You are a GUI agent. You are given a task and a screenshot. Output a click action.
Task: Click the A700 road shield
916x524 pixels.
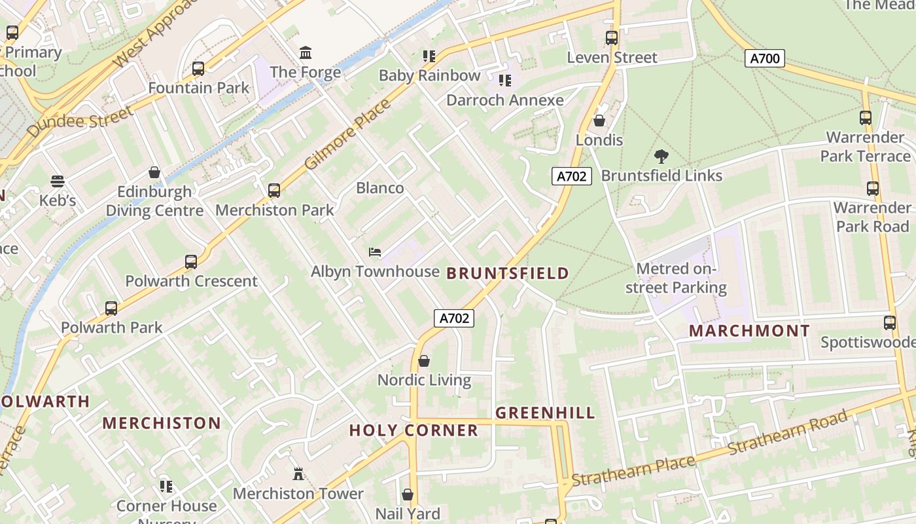764,58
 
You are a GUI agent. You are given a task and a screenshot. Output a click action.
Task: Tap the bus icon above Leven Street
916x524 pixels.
612,38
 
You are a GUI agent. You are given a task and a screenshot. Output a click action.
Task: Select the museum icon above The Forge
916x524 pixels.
306,52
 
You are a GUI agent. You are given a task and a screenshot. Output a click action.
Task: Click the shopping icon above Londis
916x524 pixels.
599,121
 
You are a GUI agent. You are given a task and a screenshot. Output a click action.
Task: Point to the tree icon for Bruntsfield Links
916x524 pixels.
661,157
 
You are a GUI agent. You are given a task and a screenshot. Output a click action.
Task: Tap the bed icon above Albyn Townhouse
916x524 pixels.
375,252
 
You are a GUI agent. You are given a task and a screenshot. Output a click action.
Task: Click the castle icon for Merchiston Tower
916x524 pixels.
298,474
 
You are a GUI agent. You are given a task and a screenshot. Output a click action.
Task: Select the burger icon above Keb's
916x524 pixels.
58,181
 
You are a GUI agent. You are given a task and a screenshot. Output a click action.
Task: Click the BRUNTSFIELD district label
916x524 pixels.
508,273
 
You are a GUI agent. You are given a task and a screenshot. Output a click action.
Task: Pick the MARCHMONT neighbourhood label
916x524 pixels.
749,331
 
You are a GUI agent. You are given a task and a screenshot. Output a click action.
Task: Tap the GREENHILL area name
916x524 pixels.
545,413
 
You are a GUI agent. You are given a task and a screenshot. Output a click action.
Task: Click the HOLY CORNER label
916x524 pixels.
414,430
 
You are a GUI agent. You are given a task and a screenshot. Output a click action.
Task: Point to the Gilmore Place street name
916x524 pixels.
347,134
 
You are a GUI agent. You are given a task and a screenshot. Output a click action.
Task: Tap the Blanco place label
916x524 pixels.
379,188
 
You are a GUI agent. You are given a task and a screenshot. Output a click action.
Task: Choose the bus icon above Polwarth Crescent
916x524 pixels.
191,262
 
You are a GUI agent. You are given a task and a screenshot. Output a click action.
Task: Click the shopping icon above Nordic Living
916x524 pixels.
424,361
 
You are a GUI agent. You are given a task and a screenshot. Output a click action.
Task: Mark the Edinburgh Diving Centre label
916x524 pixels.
154,201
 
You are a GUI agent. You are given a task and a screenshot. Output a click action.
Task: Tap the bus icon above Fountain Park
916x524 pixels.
198,68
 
